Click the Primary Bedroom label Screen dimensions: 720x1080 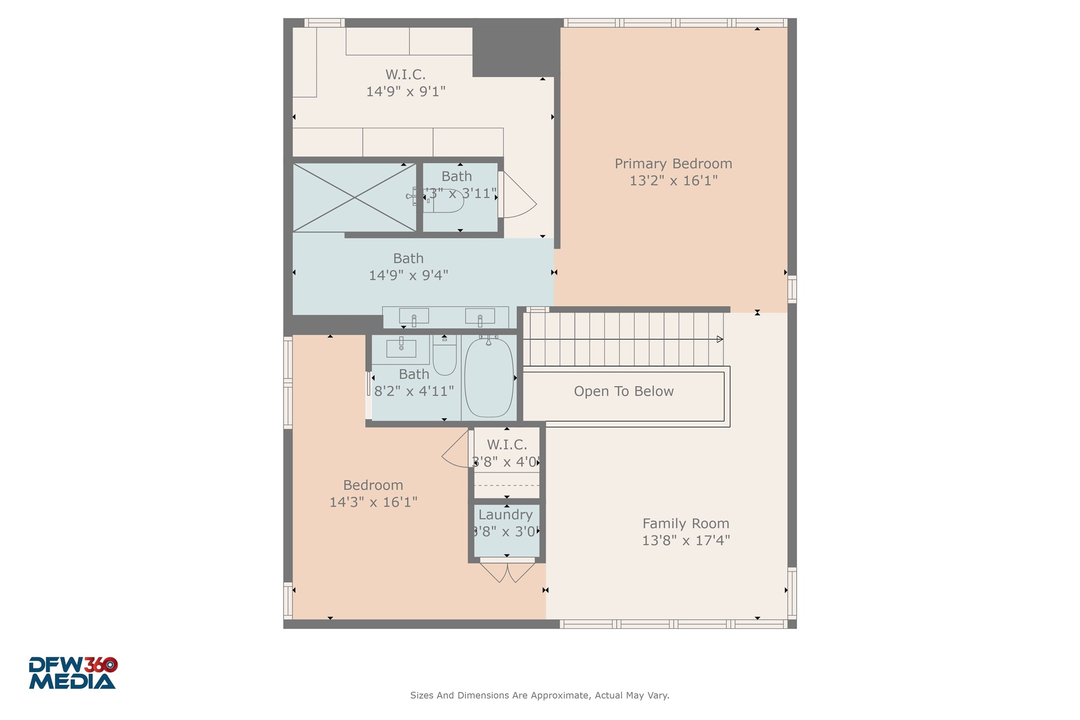pos(673,164)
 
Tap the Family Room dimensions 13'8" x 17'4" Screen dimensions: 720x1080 pos(686,540)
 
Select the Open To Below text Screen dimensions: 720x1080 pos(624,391)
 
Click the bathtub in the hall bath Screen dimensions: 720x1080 pos(489,378)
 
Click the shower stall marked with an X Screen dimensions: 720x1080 pos(355,197)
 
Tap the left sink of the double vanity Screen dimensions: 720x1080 pos(414,316)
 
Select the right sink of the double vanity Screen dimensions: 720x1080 pos(480,316)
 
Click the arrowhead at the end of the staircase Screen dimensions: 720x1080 pos(720,339)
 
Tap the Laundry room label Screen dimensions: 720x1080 pos(505,515)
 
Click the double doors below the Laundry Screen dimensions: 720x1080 pos(507,572)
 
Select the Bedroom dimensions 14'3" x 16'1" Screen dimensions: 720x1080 pos(373,502)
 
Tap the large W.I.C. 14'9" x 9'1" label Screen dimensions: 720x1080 pos(405,83)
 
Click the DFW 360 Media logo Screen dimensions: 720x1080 pos(73,673)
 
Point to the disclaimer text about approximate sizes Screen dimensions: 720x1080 pos(540,695)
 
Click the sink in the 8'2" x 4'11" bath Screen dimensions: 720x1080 pos(401,348)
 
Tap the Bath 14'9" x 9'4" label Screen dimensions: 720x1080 pos(408,267)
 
